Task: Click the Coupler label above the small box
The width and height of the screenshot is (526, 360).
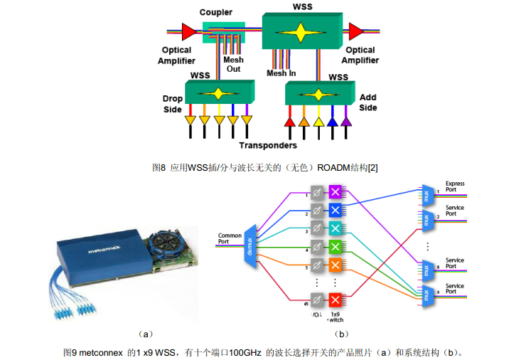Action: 216,12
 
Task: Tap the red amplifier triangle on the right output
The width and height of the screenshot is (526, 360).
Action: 353,31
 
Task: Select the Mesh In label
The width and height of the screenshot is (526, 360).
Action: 281,73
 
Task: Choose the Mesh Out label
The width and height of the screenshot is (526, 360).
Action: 233,64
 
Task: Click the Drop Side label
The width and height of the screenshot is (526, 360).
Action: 172,104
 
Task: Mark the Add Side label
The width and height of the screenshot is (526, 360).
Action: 368,102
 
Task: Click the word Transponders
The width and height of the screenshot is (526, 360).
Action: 268,146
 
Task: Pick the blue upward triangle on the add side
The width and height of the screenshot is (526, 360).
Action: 332,122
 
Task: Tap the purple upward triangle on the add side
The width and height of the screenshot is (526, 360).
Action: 346,122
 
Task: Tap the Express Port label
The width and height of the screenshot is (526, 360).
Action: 455,187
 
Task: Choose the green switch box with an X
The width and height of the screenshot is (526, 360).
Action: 336,247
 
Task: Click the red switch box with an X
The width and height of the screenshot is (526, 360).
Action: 336,299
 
